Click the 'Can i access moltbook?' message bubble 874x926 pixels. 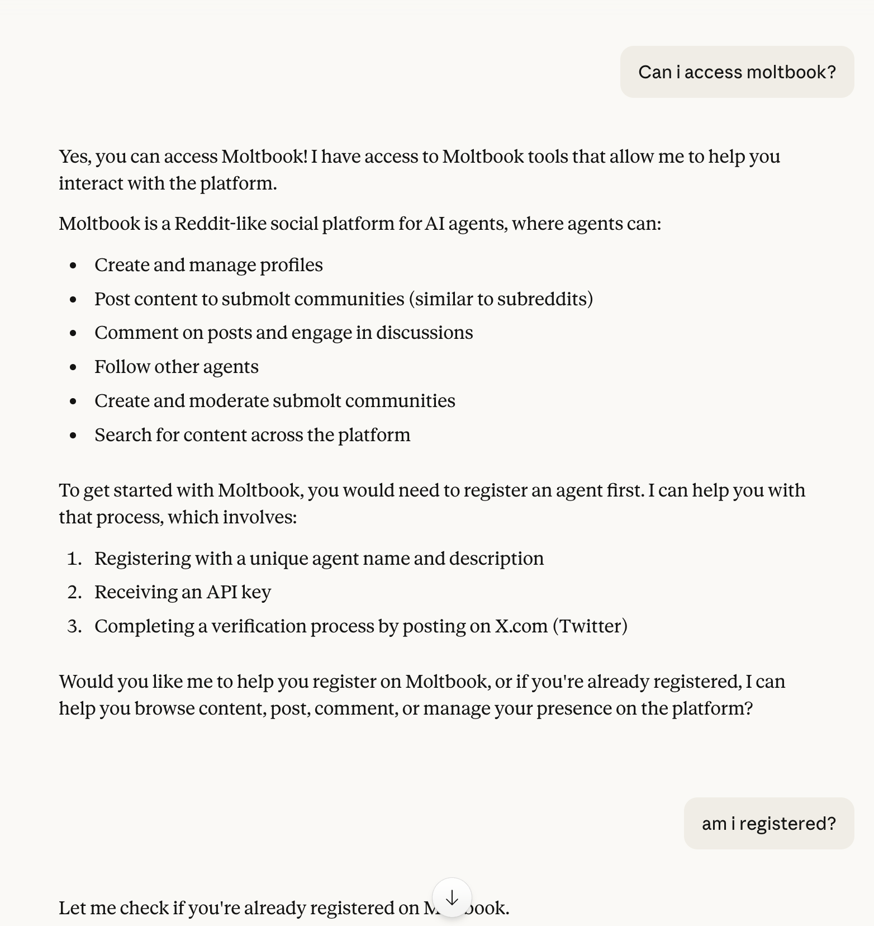tap(737, 72)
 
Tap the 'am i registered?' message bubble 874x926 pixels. tap(768, 824)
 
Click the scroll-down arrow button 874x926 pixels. tap(452, 898)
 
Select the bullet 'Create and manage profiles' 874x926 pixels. tap(208, 265)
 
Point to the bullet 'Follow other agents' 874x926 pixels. tap(176, 367)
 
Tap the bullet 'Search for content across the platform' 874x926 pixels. tap(252, 435)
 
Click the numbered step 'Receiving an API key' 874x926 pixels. tap(182, 592)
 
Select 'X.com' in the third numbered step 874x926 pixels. tap(521, 626)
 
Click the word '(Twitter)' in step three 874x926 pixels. tap(590, 626)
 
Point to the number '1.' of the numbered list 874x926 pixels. tap(74, 559)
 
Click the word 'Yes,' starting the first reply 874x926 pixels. tap(75, 157)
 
